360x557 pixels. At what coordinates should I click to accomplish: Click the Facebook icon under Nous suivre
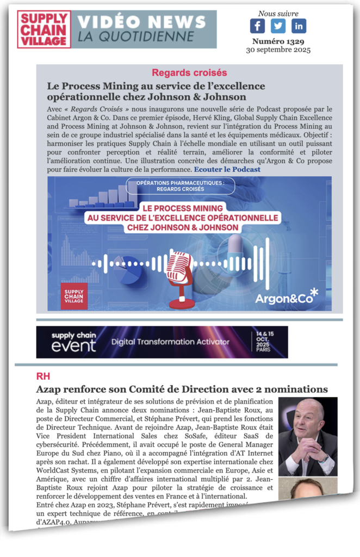point(257,26)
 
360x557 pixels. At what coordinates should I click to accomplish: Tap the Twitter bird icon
point(278,26)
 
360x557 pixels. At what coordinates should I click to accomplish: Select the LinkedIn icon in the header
point(299,26)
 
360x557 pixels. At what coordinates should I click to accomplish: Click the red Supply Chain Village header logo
point(44,29)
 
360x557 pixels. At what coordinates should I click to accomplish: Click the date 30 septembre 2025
point(278,50)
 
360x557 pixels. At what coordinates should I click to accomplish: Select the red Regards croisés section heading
point(189,72)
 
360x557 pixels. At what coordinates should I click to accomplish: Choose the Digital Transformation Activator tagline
point(170,342)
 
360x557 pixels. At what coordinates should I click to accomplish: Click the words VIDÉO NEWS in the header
point(141,22)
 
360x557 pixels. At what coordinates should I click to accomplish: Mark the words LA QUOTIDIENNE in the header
point(135,37)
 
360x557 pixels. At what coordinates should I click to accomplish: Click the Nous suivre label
point(278,13)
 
